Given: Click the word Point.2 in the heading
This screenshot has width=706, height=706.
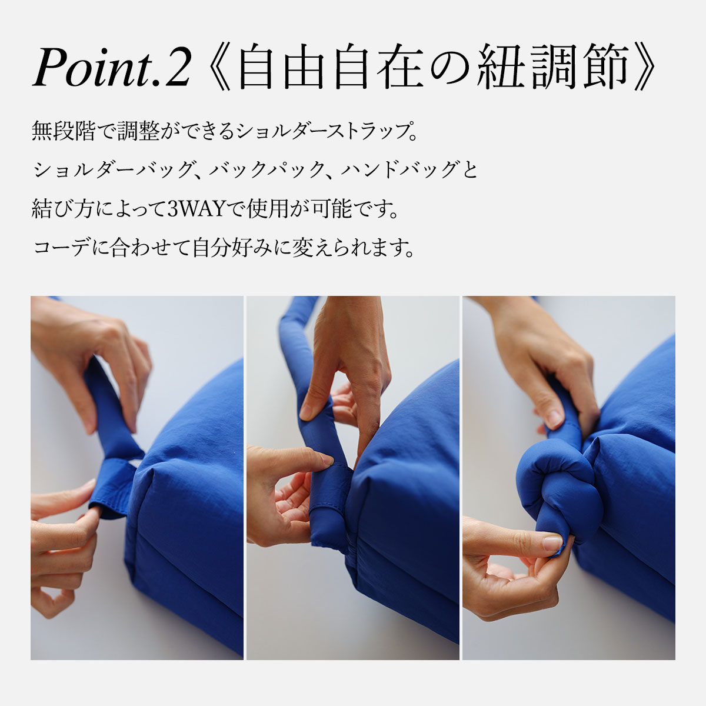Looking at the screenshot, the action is [112, 66].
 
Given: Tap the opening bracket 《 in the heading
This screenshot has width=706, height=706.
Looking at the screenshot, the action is [218, 67].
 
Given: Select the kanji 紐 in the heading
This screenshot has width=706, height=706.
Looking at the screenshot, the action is [501, 66].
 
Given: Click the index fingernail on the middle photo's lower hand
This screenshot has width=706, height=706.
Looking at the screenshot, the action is [326, 460].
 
